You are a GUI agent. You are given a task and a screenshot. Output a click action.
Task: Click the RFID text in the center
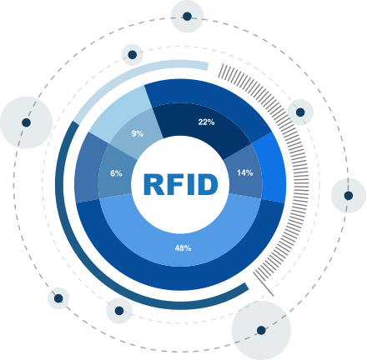point(181,184)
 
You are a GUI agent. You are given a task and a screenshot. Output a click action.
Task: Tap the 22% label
point(206,122)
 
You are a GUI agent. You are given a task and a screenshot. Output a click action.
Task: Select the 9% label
point(138,133)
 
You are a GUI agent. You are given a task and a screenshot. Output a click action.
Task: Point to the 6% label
point(116,173)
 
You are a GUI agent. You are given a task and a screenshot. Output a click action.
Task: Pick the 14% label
point(245,172)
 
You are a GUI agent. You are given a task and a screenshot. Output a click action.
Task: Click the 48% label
point(183,248)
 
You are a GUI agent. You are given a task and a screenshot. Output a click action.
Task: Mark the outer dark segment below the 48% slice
point(181,277)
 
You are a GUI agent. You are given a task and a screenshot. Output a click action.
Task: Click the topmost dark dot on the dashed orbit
point(187,17)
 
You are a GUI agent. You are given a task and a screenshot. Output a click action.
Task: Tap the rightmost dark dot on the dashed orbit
point(349,196)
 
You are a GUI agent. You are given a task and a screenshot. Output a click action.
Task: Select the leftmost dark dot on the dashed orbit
point(26,122)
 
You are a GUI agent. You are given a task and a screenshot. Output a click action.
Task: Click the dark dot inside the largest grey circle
point(261,330)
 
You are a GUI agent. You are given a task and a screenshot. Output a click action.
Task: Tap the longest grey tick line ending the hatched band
point(264,284)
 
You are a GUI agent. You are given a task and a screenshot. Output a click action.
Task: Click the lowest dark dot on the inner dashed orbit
point(119,311)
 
